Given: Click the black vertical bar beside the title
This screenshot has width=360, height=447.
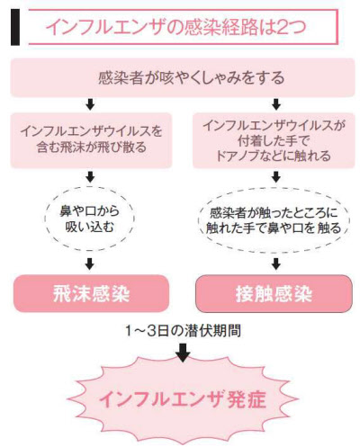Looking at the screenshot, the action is click(15, 27).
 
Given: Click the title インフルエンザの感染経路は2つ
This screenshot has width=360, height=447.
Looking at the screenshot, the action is click(176, 27).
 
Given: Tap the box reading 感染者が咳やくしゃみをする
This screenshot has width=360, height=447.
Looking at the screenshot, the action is click(183, 77).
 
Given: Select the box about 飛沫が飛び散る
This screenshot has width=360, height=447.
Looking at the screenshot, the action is click(91, 140).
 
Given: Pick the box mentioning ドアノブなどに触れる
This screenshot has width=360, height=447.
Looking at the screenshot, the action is click(274, 140).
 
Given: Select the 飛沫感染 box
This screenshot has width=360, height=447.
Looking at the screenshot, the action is click(91, 293).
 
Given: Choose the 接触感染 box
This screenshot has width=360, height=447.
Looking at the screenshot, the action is click(274, 294).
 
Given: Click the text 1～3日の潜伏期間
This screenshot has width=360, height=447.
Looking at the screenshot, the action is click(183, 331).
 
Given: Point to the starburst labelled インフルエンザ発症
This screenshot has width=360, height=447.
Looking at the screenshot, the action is click(183, 399).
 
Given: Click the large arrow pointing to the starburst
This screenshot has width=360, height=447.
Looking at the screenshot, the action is click(183, 353).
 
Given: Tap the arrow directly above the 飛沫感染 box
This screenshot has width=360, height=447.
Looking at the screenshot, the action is click(90, 264).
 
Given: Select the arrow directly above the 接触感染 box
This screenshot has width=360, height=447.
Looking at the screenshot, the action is click(276, 264).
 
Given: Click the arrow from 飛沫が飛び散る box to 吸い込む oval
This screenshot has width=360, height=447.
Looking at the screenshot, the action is click(90, 177).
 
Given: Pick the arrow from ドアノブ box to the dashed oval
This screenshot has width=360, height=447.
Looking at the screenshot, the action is click(276, 177).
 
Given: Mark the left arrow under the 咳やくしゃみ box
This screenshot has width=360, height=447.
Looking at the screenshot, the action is click(90, 104).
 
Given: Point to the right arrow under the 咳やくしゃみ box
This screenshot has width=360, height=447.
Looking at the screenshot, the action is click(276, 104).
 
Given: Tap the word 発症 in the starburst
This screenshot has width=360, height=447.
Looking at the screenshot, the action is click(247, 399).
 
